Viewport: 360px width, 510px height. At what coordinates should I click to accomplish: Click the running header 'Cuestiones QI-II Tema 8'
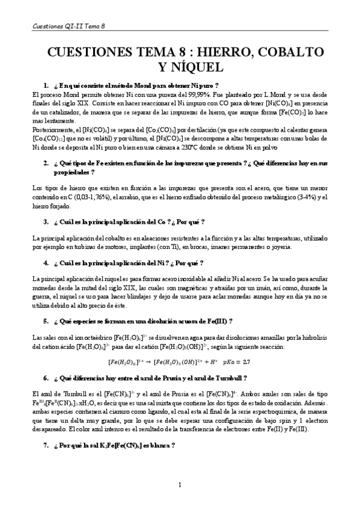pos(67,26)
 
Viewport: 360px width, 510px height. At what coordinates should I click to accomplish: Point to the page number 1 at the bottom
pos(180,484)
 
